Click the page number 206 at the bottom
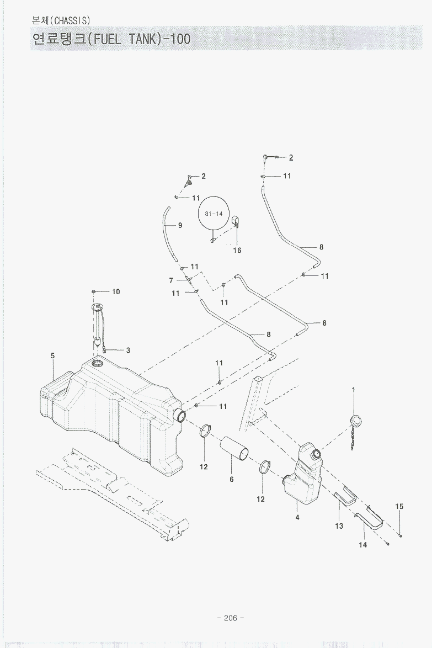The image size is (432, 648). [x=231, y=618]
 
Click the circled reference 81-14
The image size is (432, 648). [x=213, y=213]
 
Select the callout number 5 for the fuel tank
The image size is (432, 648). [x=53, y=356]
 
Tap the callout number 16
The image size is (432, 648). [x=237, y=250]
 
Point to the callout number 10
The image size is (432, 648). [x=116, y=291]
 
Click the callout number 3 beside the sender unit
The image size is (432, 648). [x=128, y=350]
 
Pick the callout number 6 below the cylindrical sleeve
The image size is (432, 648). [x=232, y=479]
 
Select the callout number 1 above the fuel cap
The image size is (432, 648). [x=353, y=389]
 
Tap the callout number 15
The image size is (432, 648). [x=399, y=506]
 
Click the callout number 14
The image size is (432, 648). [x=362, y=544]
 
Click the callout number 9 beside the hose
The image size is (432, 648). [x=180, y=225]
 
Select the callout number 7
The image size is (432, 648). [x=172, y=280]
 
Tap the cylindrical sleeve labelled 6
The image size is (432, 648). [x=234, y=448]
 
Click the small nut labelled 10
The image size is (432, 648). [x=95, y=291]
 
